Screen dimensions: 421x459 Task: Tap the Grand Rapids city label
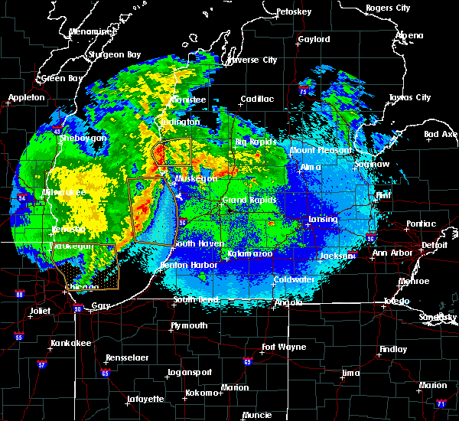(x=243, y=200)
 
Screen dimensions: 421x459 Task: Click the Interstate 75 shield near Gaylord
(x=304, y=92)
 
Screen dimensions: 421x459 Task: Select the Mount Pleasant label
(x=320, y=151)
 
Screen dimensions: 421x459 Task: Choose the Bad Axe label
(x=440, y=134)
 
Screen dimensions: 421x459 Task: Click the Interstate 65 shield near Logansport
(x=105, y=373)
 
